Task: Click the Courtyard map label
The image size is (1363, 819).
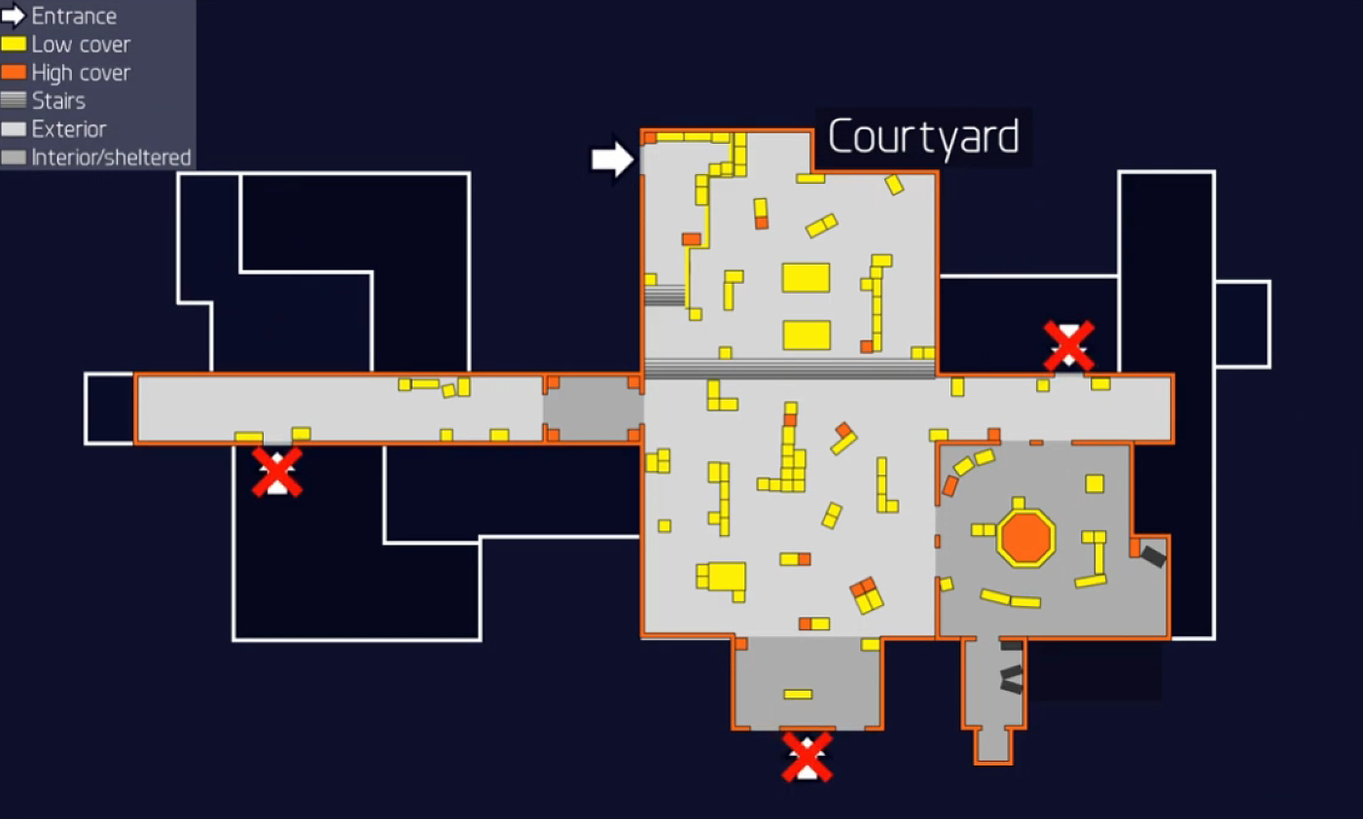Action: [x=923, y=137]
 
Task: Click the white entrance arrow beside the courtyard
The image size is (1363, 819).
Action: [x=613, y=160]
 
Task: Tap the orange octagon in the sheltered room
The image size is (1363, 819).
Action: [x=1026, y=539]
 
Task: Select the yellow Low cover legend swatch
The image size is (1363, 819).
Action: [x=14, y=45]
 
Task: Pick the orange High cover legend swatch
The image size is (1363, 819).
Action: [x=14, y=72]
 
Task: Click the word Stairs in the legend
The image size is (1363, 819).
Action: [x=58, y=101]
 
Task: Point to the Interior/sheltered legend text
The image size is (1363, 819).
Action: [x=111, y=158]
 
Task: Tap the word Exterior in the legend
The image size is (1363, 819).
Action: [x=69, y=129]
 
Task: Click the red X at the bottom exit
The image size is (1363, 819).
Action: [x=807, y=757]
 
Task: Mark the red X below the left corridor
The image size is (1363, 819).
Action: [x=277, y=472]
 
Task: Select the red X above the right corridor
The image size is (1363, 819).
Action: [x=1069, y=346]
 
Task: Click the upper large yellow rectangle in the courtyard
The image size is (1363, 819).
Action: [x=807, y=278]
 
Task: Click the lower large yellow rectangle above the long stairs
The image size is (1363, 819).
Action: [x=807, y=336]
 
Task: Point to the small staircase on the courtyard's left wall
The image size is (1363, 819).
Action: [x=665, y=296]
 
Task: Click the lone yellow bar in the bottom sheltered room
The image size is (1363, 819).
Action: [x=798, y=694]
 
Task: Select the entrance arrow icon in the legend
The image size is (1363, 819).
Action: [x=13, y=17]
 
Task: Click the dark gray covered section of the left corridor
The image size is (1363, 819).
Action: [x=593, y=409]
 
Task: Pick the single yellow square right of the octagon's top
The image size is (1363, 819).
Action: [x=1094, y=483]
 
